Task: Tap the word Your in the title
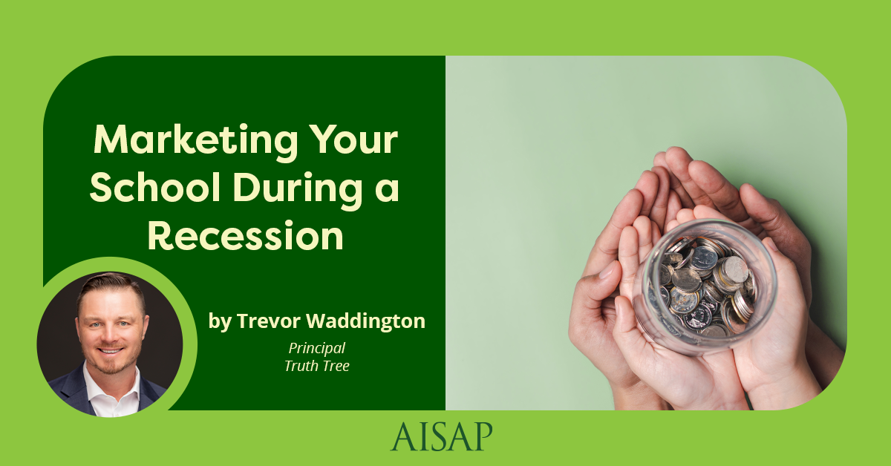354,140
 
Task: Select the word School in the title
155,187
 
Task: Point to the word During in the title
298,190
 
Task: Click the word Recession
246,235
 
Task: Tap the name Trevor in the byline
269,321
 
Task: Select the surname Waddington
366,321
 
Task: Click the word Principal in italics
316,349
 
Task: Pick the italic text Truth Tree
316,366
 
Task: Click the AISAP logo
441,436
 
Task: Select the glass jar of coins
705,287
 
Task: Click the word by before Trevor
220,321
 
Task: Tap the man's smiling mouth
110,351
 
